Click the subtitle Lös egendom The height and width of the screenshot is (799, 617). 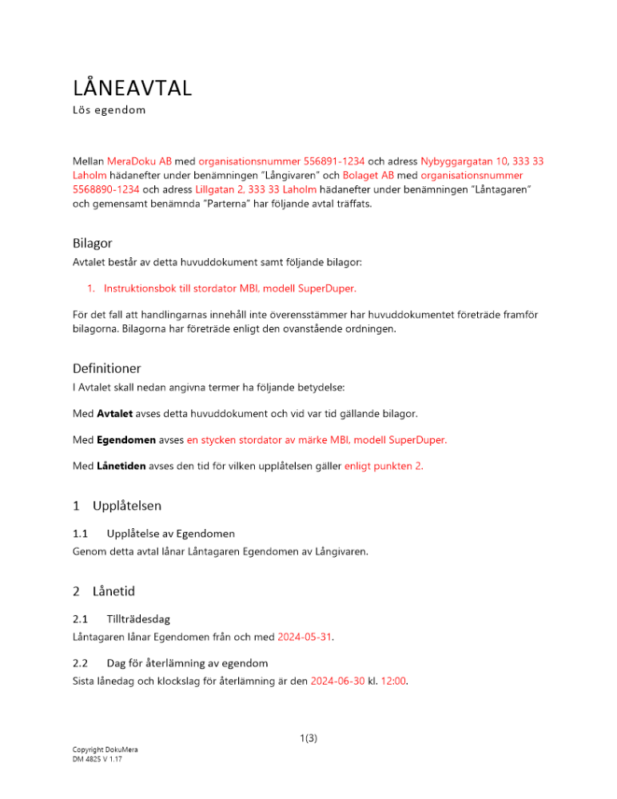(x=109, y=110)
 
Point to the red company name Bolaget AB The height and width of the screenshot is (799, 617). (x=370, y=175)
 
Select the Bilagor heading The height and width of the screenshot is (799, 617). (x=94, y=243)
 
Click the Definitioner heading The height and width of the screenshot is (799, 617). (x=106, y=368)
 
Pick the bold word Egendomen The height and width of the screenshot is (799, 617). (x=125, y=439)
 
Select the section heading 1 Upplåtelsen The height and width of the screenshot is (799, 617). (x=116, y=506)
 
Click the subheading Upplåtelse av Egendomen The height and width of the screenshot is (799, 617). (x=170, y=533)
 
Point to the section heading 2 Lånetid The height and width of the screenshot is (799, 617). (x=103, y=592)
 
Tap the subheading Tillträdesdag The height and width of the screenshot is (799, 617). (x=137, y=618)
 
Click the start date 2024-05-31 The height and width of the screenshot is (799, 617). (x=305, y=637)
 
